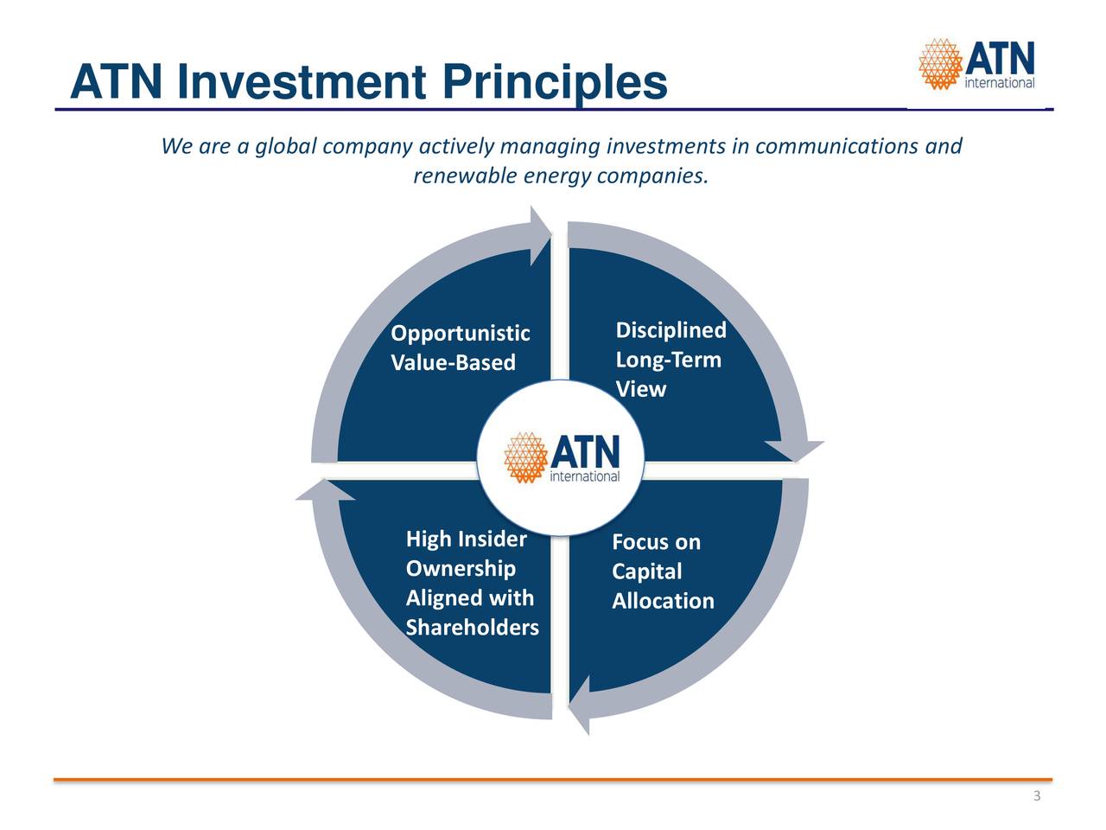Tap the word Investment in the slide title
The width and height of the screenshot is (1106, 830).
pyautogui.click(x=302, y=81)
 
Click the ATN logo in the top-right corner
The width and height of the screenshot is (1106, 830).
pyautogui.click(x=976, y=64)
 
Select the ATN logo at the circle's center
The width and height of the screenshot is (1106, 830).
pyautogui.click(x=562, y=457)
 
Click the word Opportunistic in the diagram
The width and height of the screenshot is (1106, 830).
pyautogui.click(x=460, y=334)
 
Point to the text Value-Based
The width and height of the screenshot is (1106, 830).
pyautogui.click(x=453, y=362)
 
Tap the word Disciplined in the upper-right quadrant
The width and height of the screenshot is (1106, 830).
pyautogui.click(x=671, y=330)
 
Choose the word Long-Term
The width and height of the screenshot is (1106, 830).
pyautogui.click(x=668, y=360)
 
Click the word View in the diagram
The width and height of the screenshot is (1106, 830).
pyautogui.click(x=640, y=389)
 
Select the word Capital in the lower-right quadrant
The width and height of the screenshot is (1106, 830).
pyautogui.click(x=646, y=571)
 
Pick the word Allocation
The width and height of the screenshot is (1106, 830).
pyautogui.click(x=663, y=601)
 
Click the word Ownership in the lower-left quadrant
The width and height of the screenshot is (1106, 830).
pyautogui.click(x=461, y=568)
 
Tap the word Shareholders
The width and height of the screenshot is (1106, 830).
pyautogui.click(x=472, y=628)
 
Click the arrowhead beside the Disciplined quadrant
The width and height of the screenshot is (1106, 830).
pyautogui.click(x=795, y=450)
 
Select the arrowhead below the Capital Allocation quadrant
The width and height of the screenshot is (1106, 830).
pyautogui.click(x=580, y=705)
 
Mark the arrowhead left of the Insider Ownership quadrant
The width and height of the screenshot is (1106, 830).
pyautogui.click(x=326, y=490)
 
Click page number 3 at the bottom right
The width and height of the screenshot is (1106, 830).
pyautogui.click(x=1037, y=795)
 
